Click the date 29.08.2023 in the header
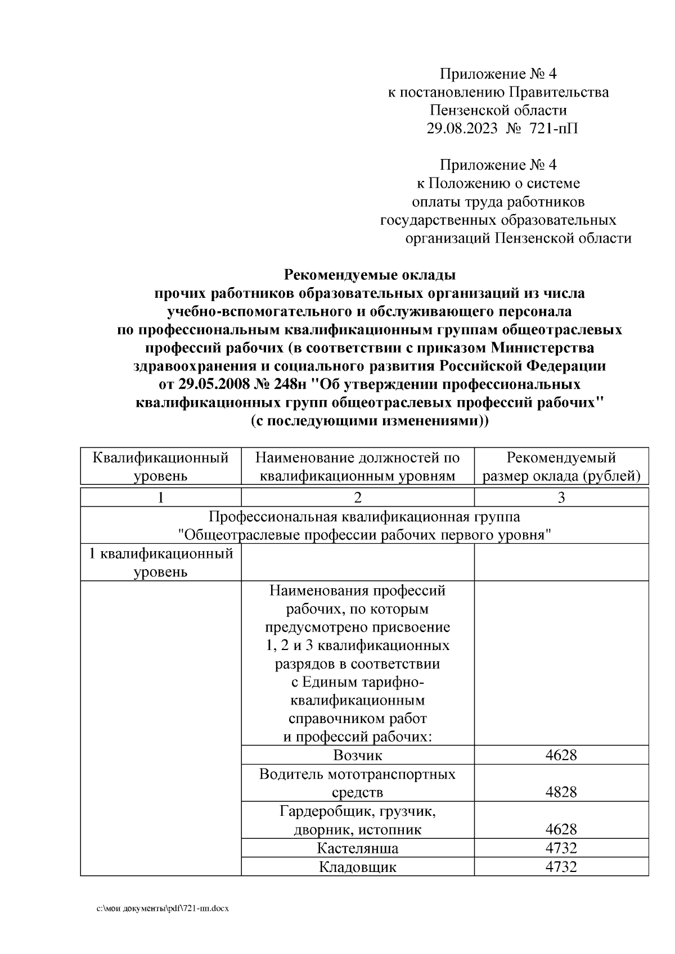click(462, 129)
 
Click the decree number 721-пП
click(553, 129)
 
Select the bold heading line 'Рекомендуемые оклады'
click(370, 275)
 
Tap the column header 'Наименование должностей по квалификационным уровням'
click(357, 466)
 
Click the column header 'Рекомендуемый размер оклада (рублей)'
click(561, 466)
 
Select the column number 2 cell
click(357, 497)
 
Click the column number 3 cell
click(561, 497)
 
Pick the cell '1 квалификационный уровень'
click(161, 562)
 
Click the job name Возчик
click(357, 755)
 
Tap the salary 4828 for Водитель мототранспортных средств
click(561, 792)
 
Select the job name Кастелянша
click(357, 848)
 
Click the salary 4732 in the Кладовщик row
click(561, 866)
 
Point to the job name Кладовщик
click(357, 866)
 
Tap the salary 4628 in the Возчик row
click(561, 755)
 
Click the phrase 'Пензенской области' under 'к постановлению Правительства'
click(498, 110)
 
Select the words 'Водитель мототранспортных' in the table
click(357, 774)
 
